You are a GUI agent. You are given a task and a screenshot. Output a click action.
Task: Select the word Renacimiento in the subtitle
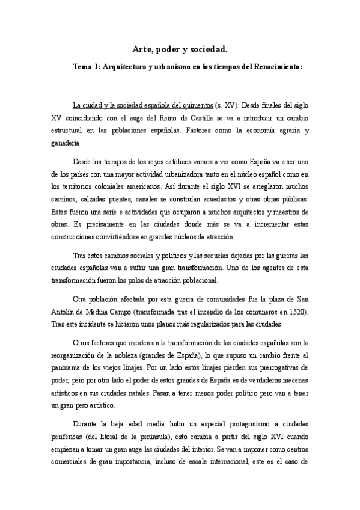click(274, 67)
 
